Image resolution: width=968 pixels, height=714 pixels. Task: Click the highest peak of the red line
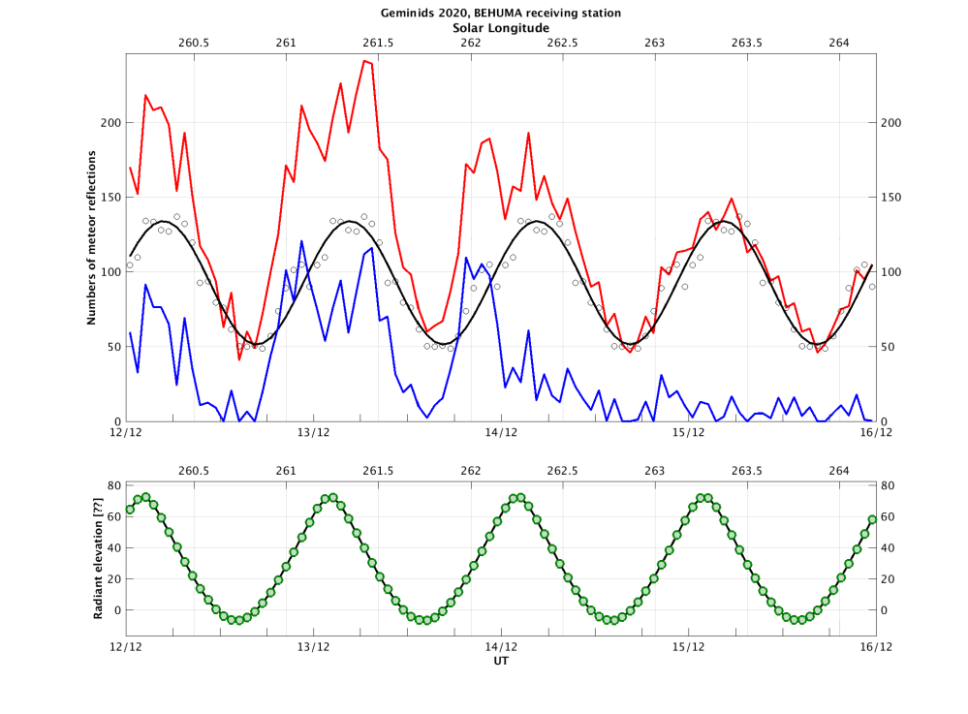[x=364, y=60]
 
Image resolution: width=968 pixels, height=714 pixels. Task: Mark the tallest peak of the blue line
[x=302, y=240]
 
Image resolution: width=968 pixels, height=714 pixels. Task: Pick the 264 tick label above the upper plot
[x=839, y=43]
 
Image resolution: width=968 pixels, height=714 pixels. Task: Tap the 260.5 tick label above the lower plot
[x=194, y=470]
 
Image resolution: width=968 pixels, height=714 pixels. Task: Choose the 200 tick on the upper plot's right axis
[x=891, y=122]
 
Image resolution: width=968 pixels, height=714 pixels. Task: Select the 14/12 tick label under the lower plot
[x=501, y=646]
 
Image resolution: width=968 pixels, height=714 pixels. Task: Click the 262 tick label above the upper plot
[x=470, y=43]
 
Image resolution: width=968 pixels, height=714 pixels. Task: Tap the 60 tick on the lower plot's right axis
[x=888, y=516]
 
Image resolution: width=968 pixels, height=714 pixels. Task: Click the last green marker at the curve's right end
[x=872, y=519]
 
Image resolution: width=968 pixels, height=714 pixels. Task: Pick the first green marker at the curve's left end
[x=130, y=510]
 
